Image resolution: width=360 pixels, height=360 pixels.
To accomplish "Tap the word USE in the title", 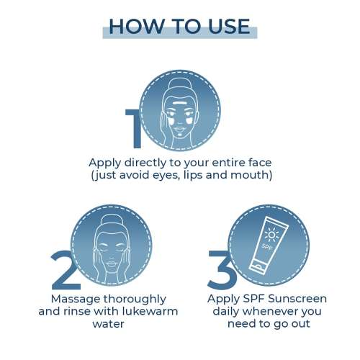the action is tap(229, 26).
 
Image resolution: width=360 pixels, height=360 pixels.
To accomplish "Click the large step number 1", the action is tap(135, 129).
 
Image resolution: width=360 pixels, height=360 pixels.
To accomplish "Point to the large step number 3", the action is tap(221, 269).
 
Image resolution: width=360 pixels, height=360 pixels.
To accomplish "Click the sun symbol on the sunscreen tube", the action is tap(271, 235).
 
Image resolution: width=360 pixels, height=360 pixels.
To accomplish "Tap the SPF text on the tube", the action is tap(267, 247).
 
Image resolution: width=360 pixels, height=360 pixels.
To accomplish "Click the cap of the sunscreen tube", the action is tap(258, 268).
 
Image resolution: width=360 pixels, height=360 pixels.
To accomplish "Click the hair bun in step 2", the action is tap(111, 221).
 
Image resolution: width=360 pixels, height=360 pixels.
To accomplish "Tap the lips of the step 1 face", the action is tap(179, 130).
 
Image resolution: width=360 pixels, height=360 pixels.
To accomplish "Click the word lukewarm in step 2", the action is tap(150, 311).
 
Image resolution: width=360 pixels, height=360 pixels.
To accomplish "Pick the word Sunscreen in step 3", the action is tap(297, 299).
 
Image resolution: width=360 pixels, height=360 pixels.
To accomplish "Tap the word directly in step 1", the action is tap(145, 163).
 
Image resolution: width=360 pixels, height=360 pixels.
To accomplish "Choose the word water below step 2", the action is tap(109, 324).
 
